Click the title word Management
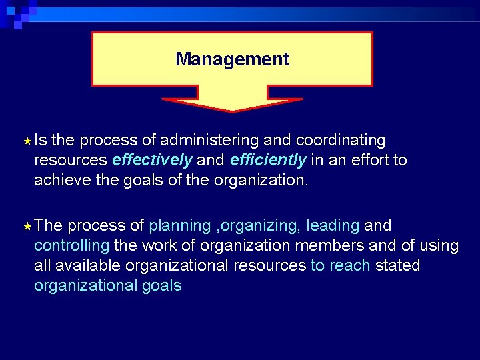(232, 59)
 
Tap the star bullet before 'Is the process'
(27, 141)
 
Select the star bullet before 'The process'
(27, 227)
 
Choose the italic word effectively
(153, 161)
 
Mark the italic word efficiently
(269, 161)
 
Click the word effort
(367, 161)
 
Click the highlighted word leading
(333, 226)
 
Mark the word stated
(397, 266)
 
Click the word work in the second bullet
(160, 246)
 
